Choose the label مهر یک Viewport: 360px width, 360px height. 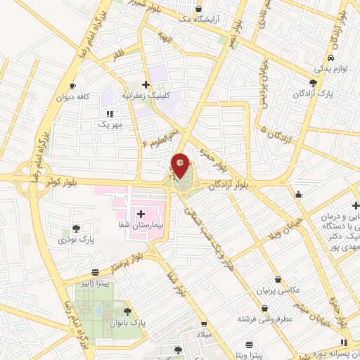[110, 124]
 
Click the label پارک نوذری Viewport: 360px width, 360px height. [76, 239]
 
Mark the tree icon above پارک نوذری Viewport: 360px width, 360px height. [76, 229]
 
